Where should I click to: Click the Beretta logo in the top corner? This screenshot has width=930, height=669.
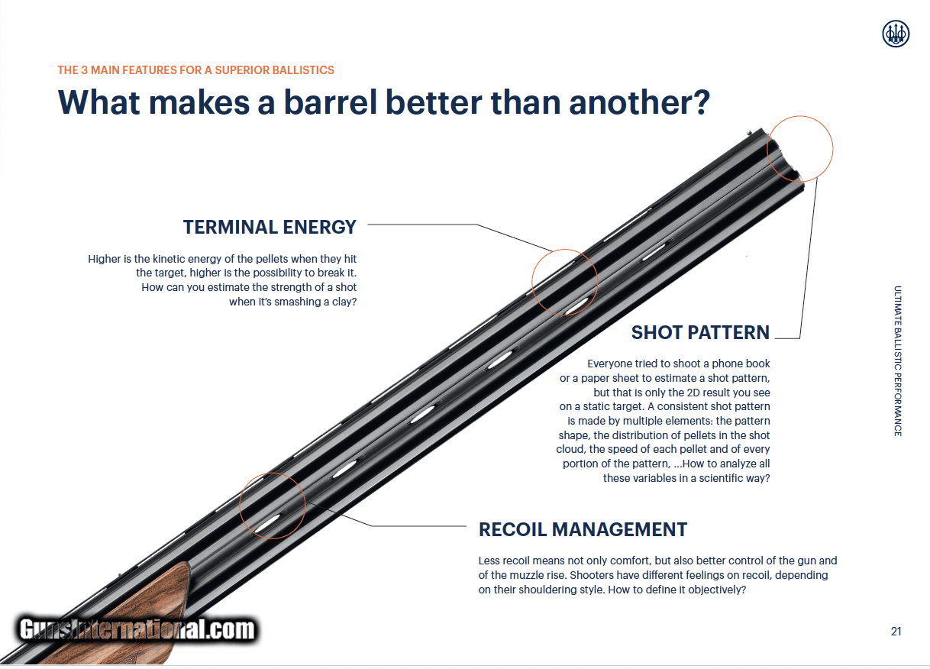pyautogui.click(x=896, y=34)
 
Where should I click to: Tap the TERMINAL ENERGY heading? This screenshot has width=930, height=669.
pyautogui.click(x=270, y=227)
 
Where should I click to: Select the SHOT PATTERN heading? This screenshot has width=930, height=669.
pyautogui.click(x=700, y=332)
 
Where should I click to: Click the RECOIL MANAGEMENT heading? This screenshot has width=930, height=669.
pyautogui.click(x=583, y=529)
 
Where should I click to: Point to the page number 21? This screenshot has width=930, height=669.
pyautogui.click(x=896, y=632)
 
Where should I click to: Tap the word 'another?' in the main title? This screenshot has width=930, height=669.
pyautogui.click(x=639, y=102)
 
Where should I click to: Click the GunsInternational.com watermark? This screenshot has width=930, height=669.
pyautogui.click(x=137, y=629)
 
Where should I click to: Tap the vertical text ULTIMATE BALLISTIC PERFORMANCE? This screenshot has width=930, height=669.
pyautogui.click(x=898, y=361)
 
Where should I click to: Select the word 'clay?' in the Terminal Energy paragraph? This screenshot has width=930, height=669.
pyautogui.click(x=344, y=302)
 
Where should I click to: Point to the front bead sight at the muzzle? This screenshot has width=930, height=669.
pyautogui.click(x=749, y=133)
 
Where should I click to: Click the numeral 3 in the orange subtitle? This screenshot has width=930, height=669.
pyautogui.click(x=84, y=70)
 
